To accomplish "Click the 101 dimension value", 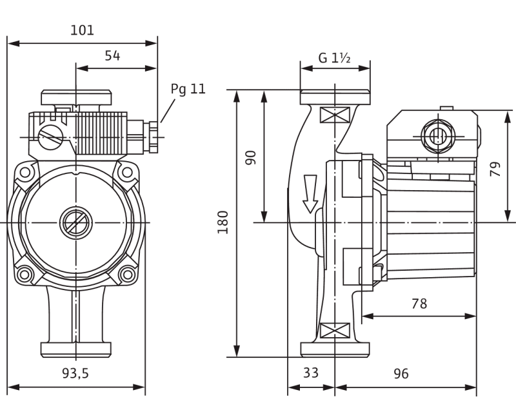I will (x=81, y=30).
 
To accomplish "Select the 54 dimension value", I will (x=112, y=56).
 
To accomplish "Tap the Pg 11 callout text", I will (x=188, y=90).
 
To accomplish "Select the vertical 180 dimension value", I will (x=224, y=222).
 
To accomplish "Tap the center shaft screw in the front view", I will (x=76, y=223).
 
